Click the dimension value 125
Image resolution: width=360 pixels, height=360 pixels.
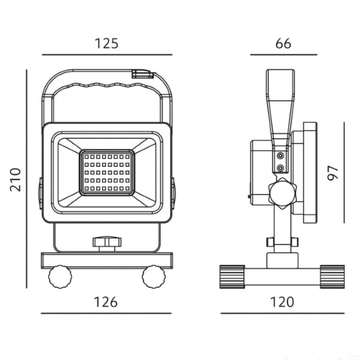pos(106,43)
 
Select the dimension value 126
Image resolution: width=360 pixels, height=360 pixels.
pos(106,302)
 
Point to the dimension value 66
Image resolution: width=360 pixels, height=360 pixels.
pos(283,43)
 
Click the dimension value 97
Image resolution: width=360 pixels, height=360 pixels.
pos(333,172)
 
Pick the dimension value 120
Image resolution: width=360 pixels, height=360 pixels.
pos(282,302)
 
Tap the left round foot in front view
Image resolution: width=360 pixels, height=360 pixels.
pos(60,277)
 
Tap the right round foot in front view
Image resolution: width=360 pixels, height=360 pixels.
pos(153,277)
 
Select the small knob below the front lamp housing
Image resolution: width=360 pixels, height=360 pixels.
pos(107,243)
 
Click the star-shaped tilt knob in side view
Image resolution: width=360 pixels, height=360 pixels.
pos(283,192)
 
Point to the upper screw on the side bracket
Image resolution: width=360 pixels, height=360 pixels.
pos(280,155)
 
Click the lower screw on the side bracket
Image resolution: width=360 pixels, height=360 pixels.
pos(280,168)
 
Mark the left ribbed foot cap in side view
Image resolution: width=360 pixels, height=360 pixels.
pos(232,276)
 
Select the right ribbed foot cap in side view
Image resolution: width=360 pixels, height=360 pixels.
pos(333,276)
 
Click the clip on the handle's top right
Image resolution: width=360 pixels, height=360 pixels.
pos(143,74)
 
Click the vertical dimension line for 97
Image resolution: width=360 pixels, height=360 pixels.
pos(344,172)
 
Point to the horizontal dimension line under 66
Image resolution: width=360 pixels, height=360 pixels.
pos(283,55)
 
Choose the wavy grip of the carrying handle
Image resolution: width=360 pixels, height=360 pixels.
pos(107,86)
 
